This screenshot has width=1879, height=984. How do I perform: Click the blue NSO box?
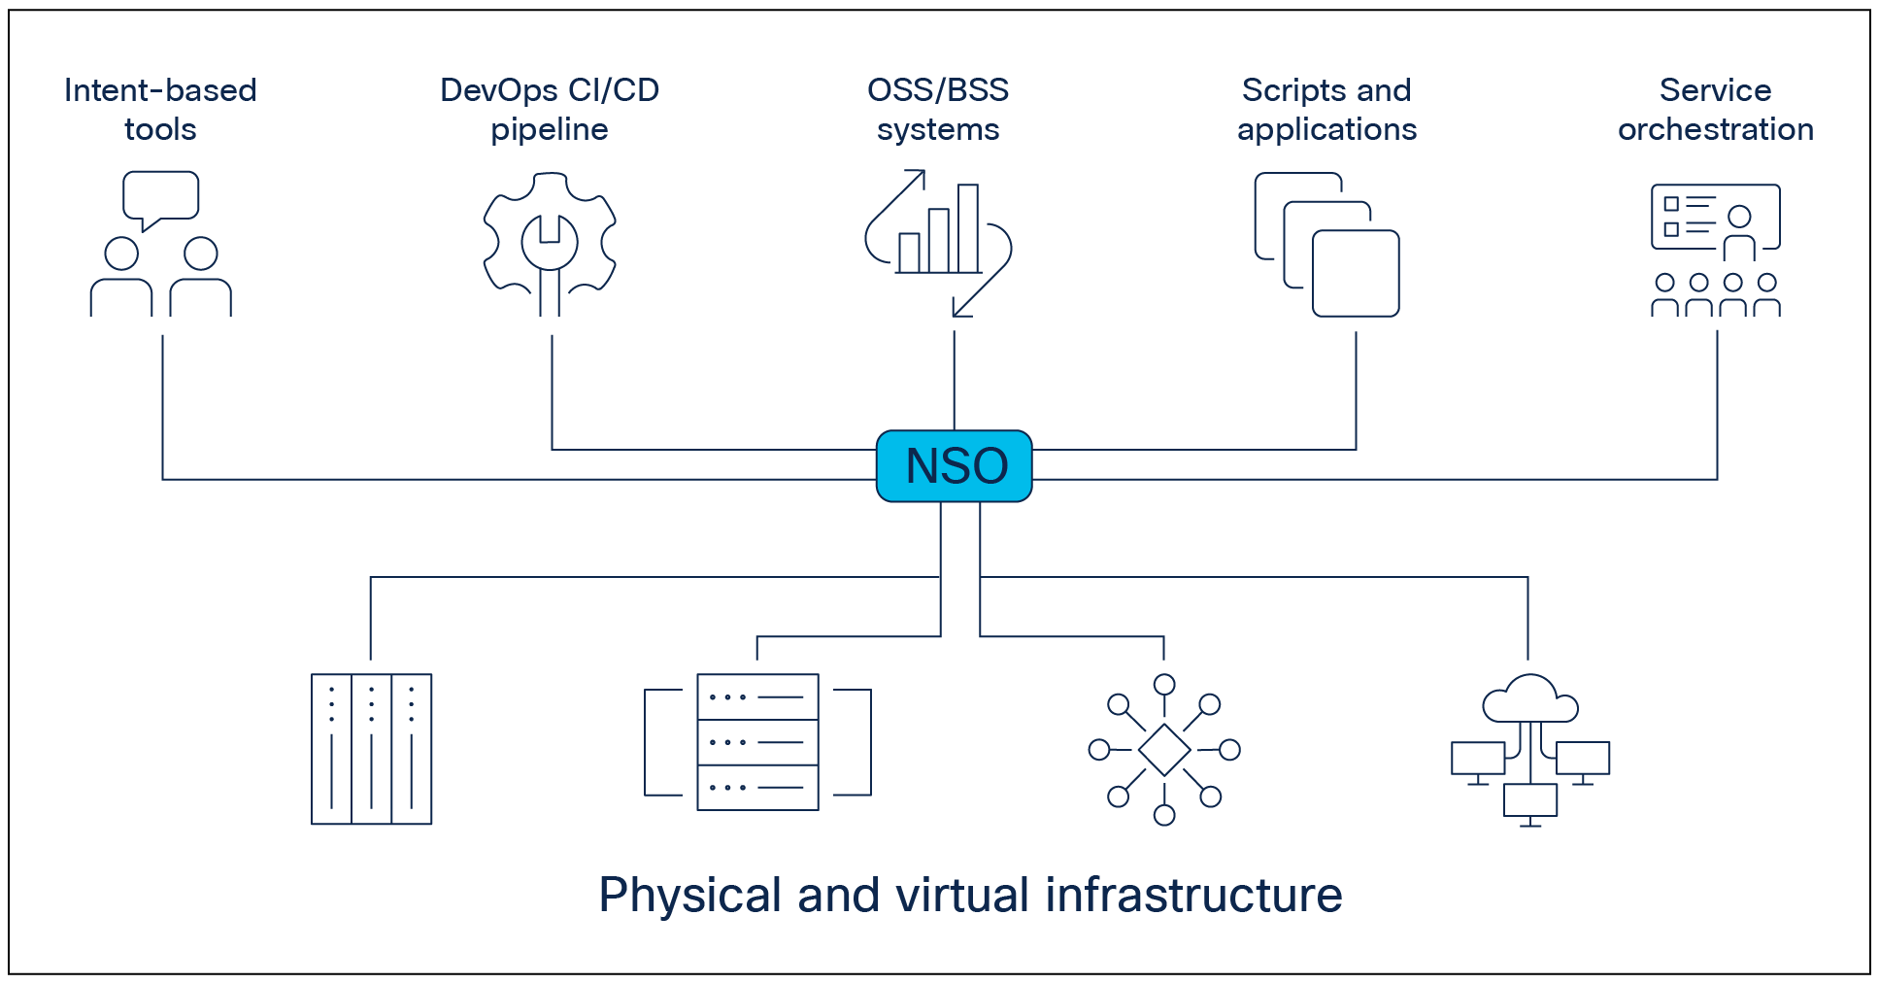[954, 466]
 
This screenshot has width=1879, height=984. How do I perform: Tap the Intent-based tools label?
[160, 110]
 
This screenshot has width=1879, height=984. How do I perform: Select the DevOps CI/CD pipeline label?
[550, 110]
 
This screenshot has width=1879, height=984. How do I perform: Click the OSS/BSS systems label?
[938, 110]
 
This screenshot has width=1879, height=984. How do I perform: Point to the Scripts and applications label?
[1326, 110]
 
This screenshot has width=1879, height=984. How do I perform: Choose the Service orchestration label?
[1715, 110]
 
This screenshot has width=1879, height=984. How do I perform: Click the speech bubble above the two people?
[160, 196]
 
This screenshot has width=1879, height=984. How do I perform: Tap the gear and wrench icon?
[550, 243]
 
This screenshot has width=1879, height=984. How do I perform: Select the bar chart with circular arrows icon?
[938, 243]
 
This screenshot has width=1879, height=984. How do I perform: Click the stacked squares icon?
[1326, 245]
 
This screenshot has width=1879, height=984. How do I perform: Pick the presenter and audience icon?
[1715, 250]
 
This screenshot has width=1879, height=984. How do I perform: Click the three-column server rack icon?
[371, 749]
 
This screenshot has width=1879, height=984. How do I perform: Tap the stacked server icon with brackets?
[757, 742]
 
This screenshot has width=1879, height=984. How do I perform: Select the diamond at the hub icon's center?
[1164, 749]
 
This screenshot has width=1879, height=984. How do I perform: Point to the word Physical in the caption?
[689, 895]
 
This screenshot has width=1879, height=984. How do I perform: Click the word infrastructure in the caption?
[1193, 895]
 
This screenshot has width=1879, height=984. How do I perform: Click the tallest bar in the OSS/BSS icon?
[968, 228]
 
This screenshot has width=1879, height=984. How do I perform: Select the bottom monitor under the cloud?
[1530, 800]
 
